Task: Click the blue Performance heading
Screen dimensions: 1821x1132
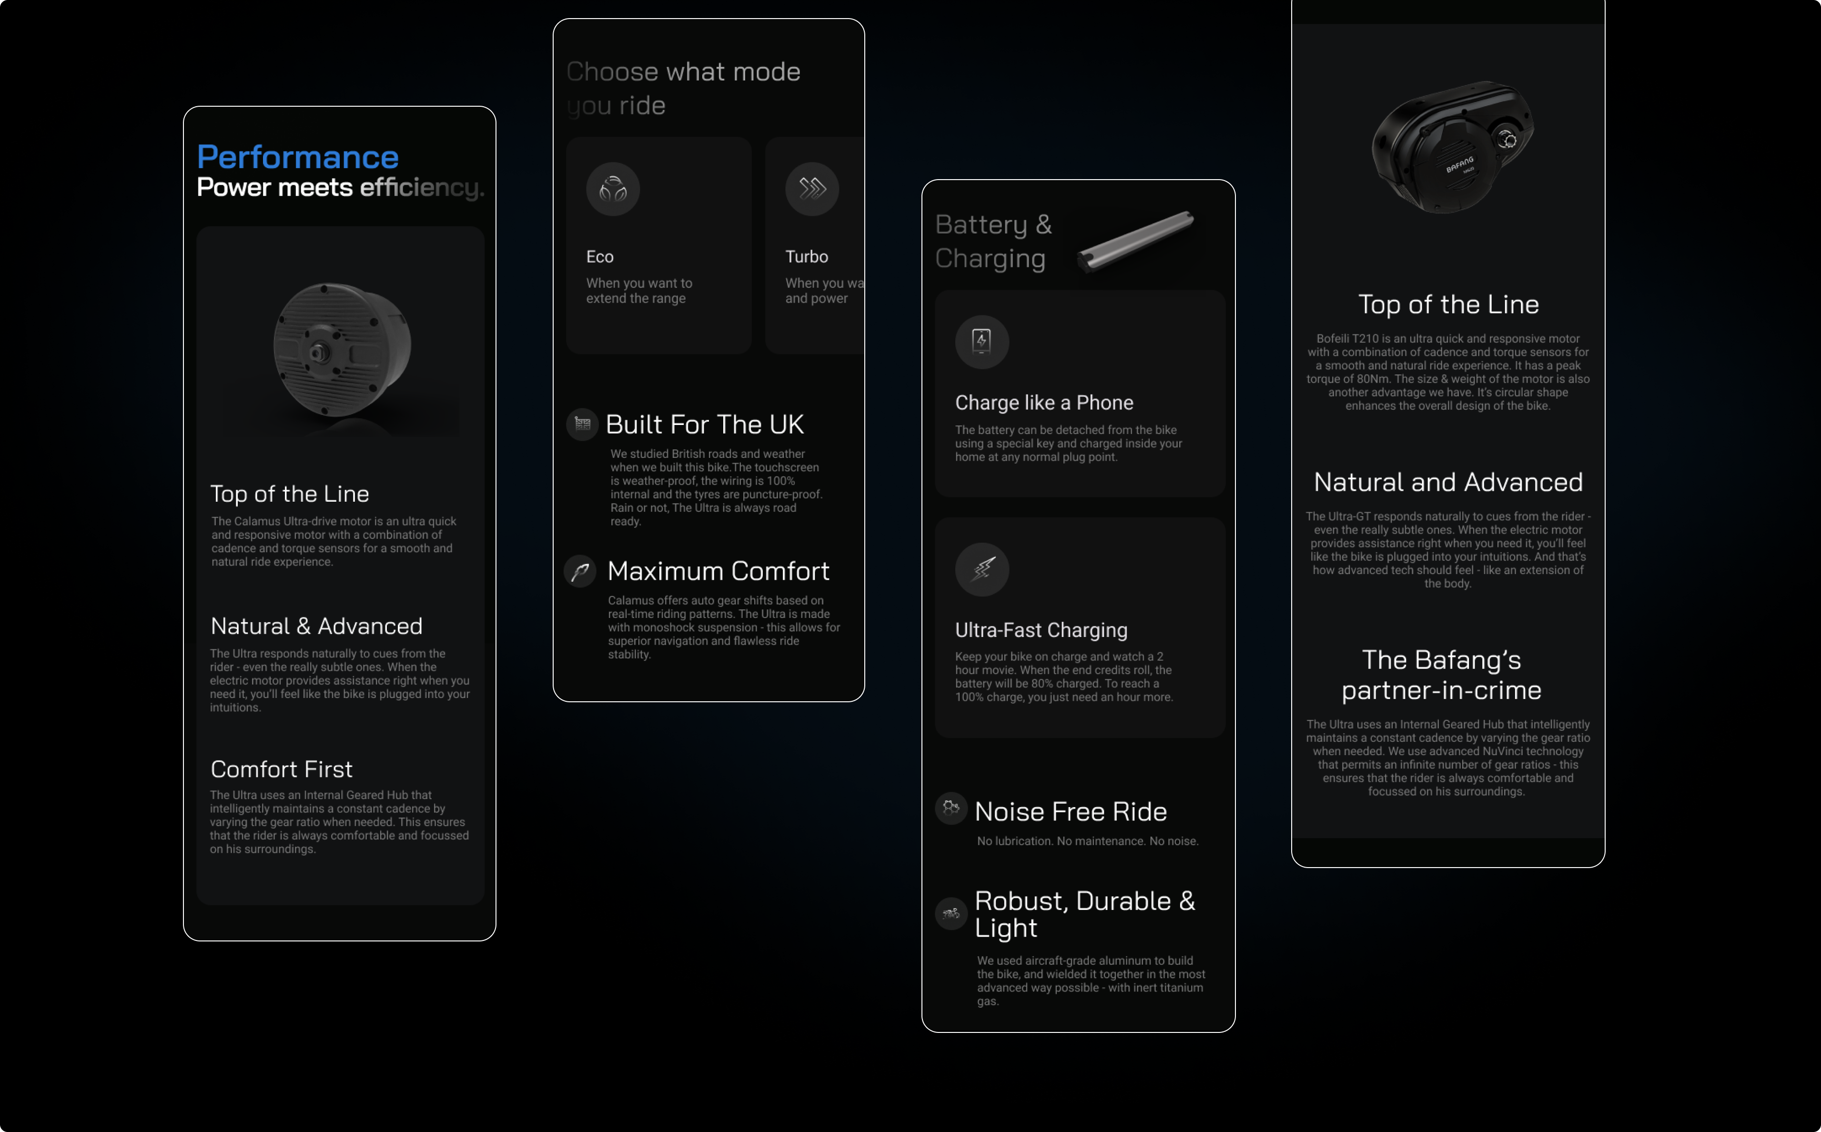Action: coord(297,157)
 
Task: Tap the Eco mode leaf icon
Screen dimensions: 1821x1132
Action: coord(613,190)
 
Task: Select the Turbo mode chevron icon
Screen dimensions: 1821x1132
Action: coord(812,190)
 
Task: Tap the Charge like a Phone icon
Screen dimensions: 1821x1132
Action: coord(981,342)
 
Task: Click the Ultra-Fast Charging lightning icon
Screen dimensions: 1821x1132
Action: coord(981,569)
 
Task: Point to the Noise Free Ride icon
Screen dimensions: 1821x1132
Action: coord(951,809)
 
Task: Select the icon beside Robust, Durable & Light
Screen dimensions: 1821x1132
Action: coord(951,913)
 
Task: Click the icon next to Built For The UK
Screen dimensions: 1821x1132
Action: coord(582,424)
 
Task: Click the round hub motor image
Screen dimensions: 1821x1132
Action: coord(342,350)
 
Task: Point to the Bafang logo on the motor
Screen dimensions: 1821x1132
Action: coord(1459,165)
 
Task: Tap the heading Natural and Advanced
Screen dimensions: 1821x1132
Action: coord(1448,482)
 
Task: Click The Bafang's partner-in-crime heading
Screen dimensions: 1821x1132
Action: coord(1441,675)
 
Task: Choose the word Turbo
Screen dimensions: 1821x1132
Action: coord(807,257)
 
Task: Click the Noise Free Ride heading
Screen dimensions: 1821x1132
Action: coord(1071,811)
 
